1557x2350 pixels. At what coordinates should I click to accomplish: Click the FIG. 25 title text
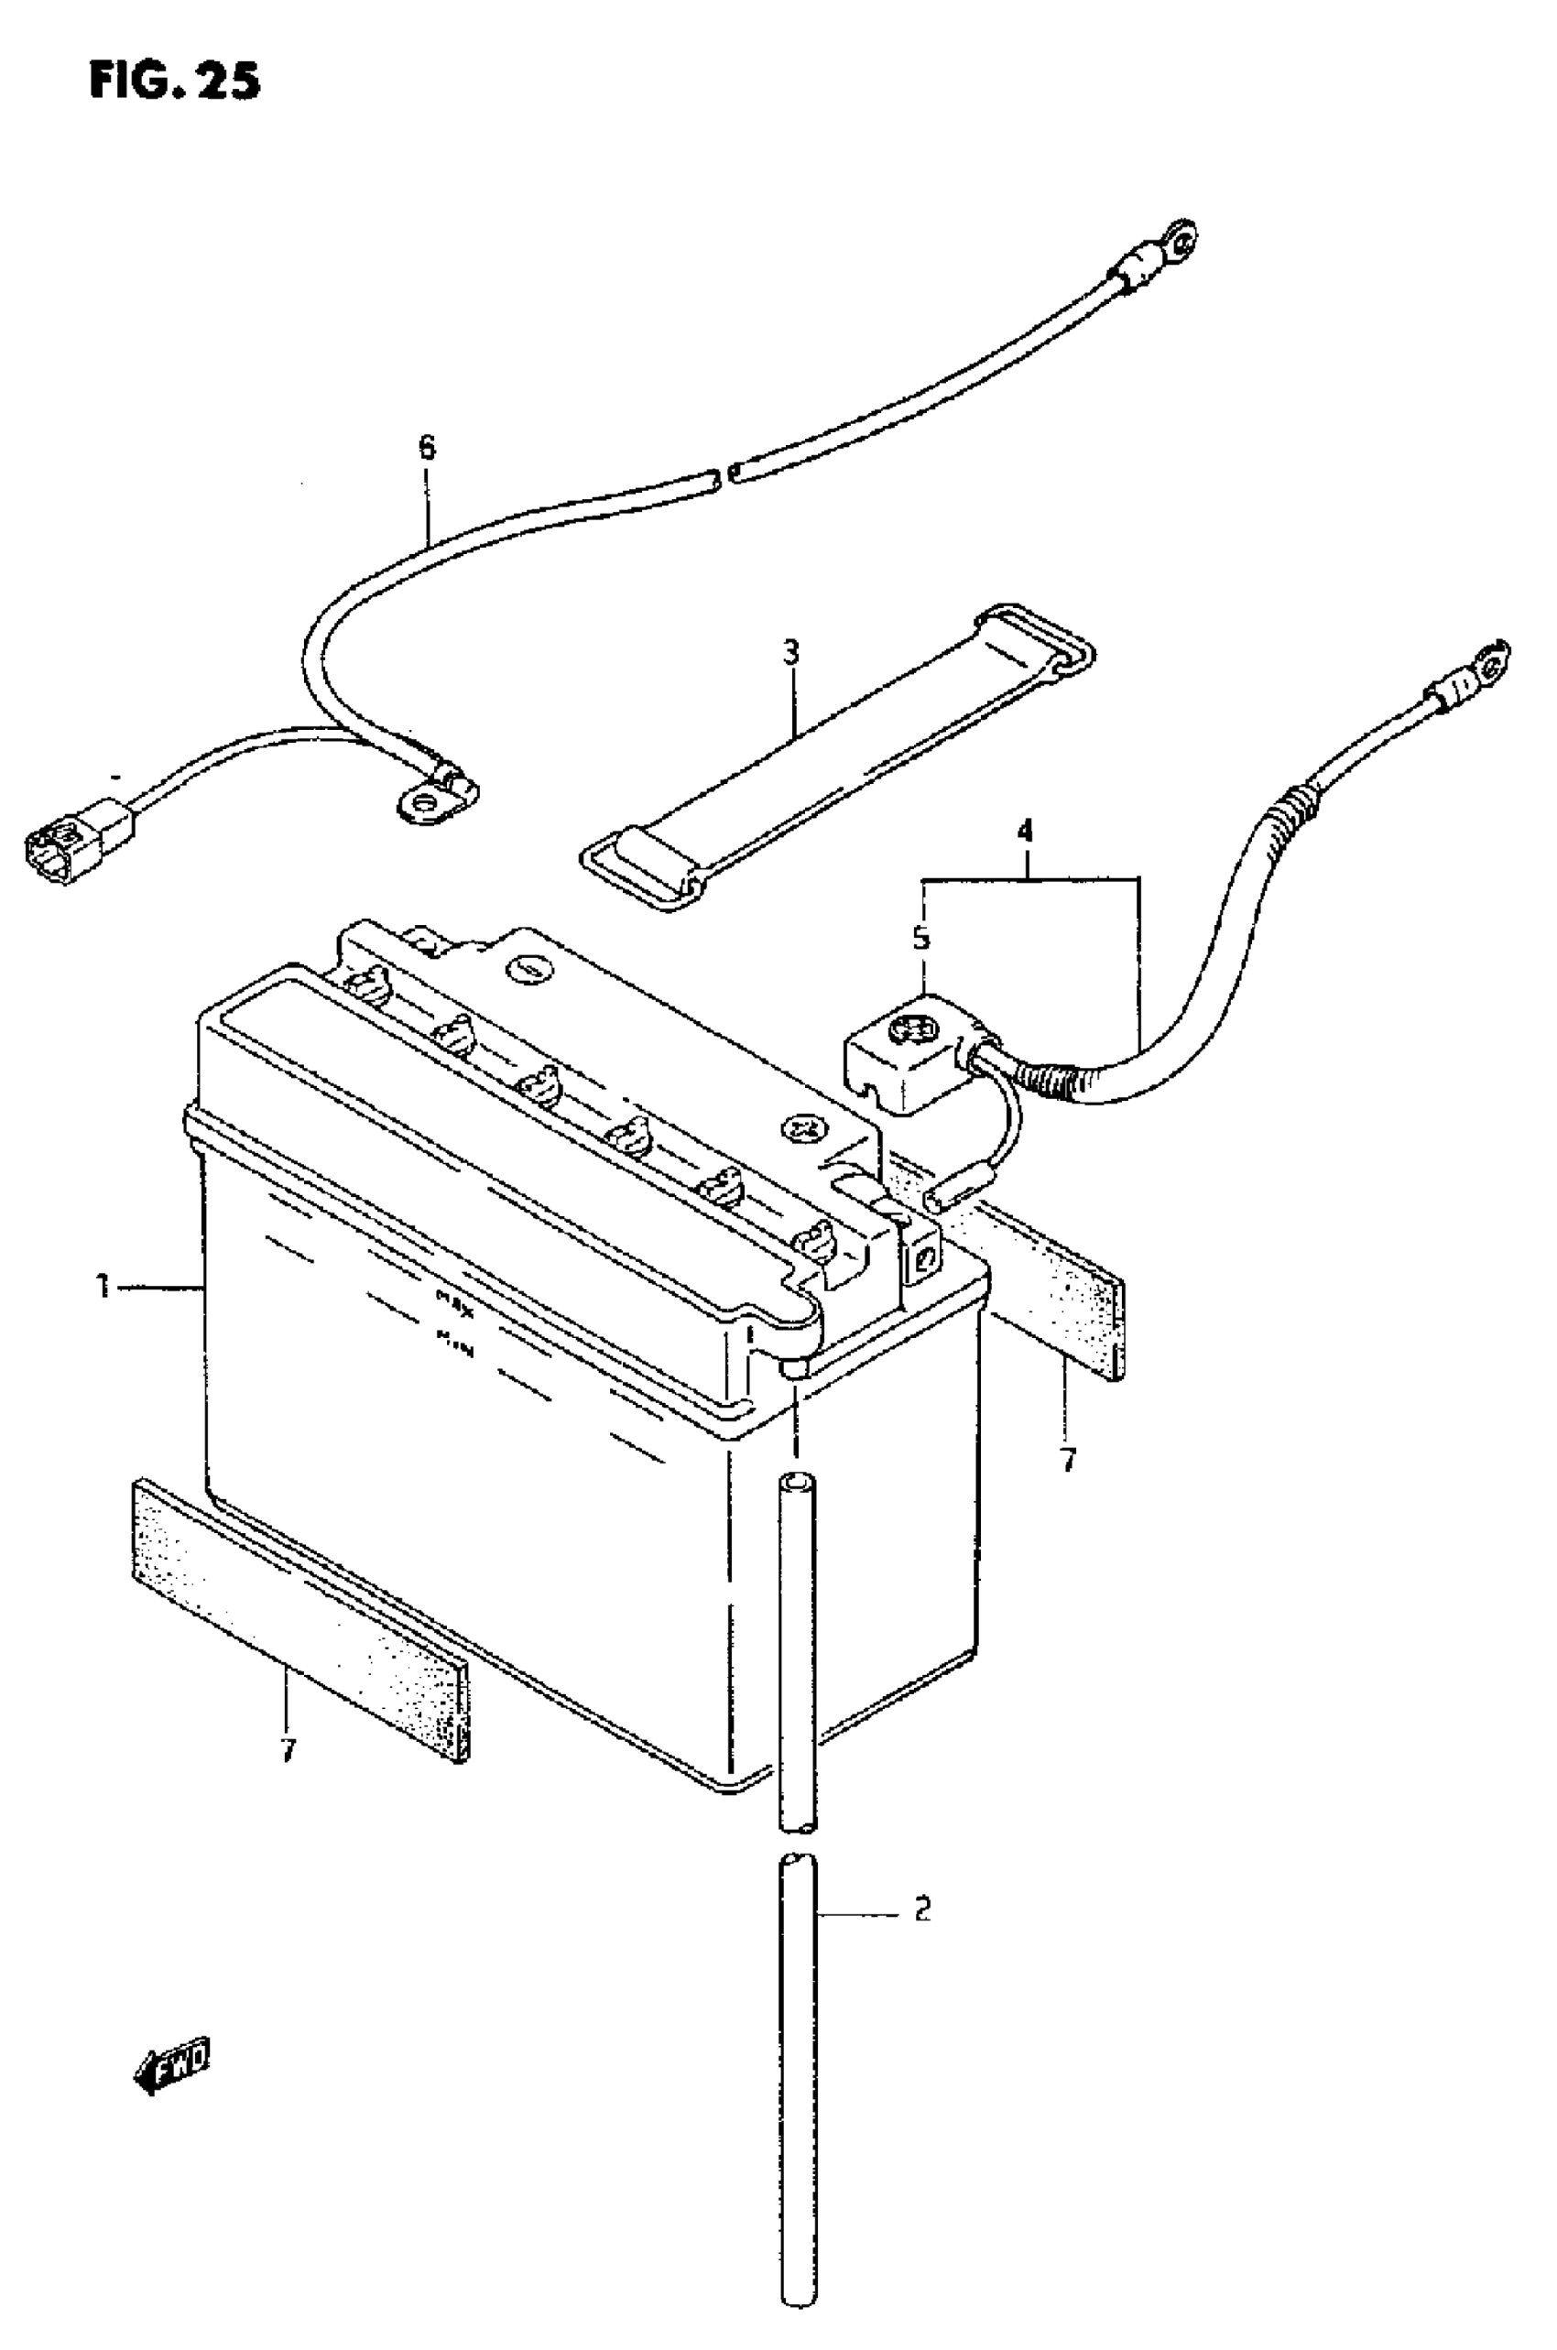(x=175, y=81)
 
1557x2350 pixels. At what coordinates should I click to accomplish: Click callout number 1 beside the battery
(x=103, y=1289)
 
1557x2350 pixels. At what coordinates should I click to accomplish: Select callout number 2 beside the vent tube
(x=921, y=1909)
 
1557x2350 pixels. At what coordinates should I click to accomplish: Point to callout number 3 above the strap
(x=790, y=653)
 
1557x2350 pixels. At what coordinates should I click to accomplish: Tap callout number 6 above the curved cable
(x=426, y=448)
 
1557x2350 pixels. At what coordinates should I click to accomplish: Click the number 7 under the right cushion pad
(x=1067, y=1461)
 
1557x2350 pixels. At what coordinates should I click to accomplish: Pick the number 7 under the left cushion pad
(x=288, y=1751)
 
